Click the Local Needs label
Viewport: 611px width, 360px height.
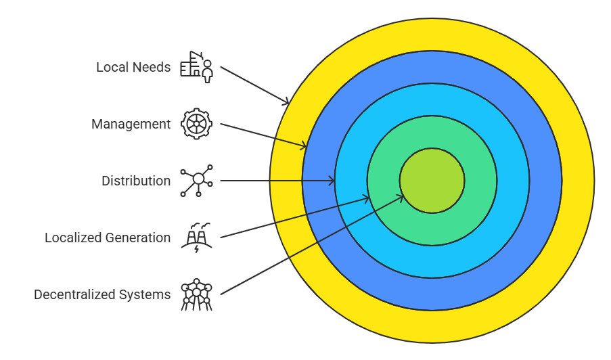pyautogui.click(x=133, y=67)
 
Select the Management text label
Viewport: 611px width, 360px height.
pyautogui.click(x=131, y=124)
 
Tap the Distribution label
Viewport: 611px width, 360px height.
pyautogui.click(x=136, y=181)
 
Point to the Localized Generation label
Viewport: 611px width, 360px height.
pyautogui.click(x=108, y=238)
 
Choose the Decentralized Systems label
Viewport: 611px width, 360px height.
pyautogui.click(x=102, y=294)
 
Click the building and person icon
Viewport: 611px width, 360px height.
pyautogui.click(x=197, y=67)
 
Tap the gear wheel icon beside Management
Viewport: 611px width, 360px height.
pyautogui.click(x=197, y=124)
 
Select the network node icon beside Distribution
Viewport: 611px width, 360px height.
pyautogui.click(x=197, y=181)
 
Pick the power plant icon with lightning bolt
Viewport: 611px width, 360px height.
pyautogui.click(x=197, y=238)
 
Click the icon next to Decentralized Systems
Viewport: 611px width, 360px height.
pyautogui.click(x=197, y=295)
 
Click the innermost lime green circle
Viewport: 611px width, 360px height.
pyautogui.click(x=432, y=181)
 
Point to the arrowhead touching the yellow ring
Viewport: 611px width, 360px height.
pyautogui.click(x=287, y=102)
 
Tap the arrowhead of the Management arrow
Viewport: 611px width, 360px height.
pyautogui.click(x=304, y=145)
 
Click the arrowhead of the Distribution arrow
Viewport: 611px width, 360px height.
pyautogui.click(x=332, y=181)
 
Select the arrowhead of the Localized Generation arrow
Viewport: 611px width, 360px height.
pyautogui.click(x=366, y=198)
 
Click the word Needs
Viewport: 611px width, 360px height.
pyautogui.click(x=152, y=67)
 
